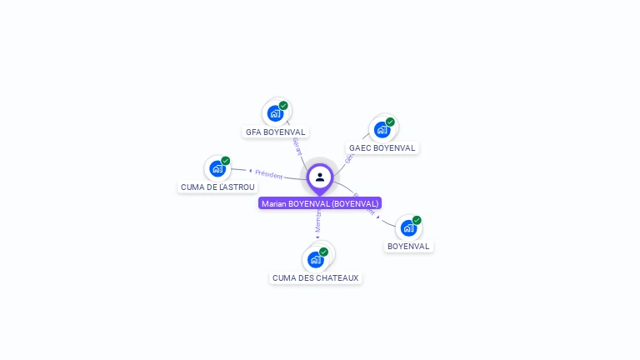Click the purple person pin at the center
pyautogui.click(x=320, y=177)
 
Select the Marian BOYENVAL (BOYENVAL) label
pyautogui.click(x=320, y=203)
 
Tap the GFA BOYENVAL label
pyautogui.click(x=276, y=132)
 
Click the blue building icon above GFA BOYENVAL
pyautogui.click(x=275, y=113)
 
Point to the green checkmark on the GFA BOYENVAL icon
pyautogui.click(x=283, y=106)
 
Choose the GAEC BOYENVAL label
pyautogui.click(x=382, y=147)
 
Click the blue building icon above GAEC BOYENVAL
pyautogui.click(x=382, y=129)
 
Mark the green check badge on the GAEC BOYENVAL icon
pyautogui.click(x=390, y=122)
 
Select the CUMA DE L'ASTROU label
pyautogui.click(x=217, y=187)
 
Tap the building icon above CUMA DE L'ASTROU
pyautogui.click(x=217, y=168)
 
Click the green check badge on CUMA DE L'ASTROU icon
pyautogui.click(x=226, y=161)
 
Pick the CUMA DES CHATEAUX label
pyautogui.click(x=316, y=277)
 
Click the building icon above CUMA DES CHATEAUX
pyautogui.click(x=316, y=259)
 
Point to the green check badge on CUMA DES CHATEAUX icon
pyautogui.click(x=323, y=252)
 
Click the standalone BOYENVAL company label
pyautogui.click(x=408, y=246)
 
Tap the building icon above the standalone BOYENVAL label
pyautogui.click(x=408, y=227)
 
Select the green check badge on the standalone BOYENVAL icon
pyautogui.click(x=417, y=220)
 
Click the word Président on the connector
pyautogui.click(x=269, y=174)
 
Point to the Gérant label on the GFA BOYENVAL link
pyautogui.click(x=297, y=147)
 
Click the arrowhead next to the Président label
pyautogui.click(x=250, y=171)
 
